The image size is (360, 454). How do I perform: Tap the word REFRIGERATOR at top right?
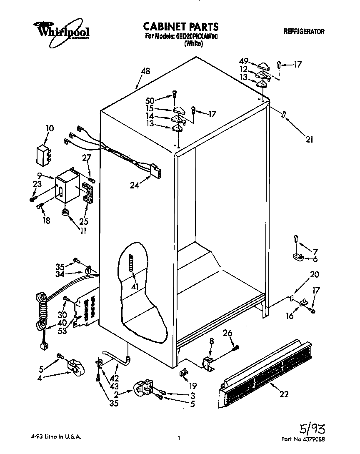(x=304, y=31)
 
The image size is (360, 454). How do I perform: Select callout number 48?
(x=145, y=71)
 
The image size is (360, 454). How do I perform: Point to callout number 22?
(x=284, y=394)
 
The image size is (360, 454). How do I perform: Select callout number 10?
(x=50, y=128)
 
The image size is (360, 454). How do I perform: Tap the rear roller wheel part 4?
(x=75, y=367)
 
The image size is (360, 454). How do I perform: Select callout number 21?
(x=309, y=140)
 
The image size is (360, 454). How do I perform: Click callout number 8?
(x=211, y=341)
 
